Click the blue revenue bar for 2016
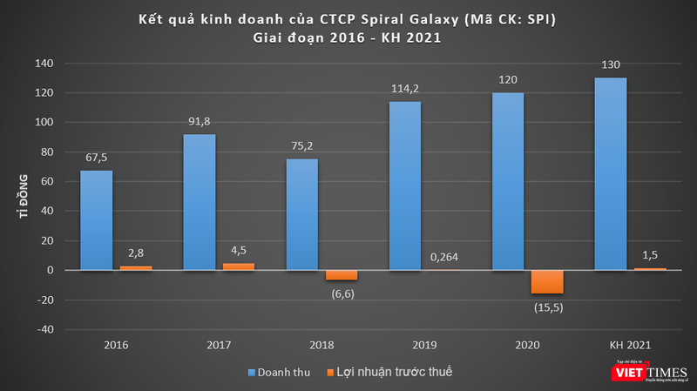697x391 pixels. [x=96, y=219]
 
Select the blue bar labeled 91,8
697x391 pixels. [x=200, y=202]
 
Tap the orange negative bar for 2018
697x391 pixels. [x=342, y=274]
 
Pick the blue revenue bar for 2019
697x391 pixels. [x=405, y=185]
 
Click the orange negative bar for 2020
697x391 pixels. [x=548, y=281]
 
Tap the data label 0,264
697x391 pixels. [x=443, y=257]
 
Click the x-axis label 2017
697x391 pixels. [x=219, y=345]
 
